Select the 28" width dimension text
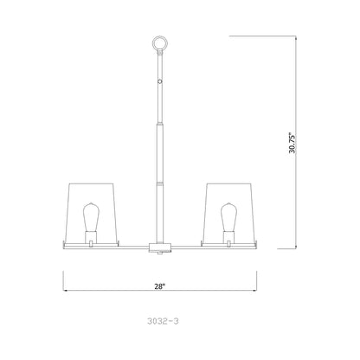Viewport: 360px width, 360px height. tap(160, 282)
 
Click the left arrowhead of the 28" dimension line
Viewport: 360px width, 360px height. tap(66, 291)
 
